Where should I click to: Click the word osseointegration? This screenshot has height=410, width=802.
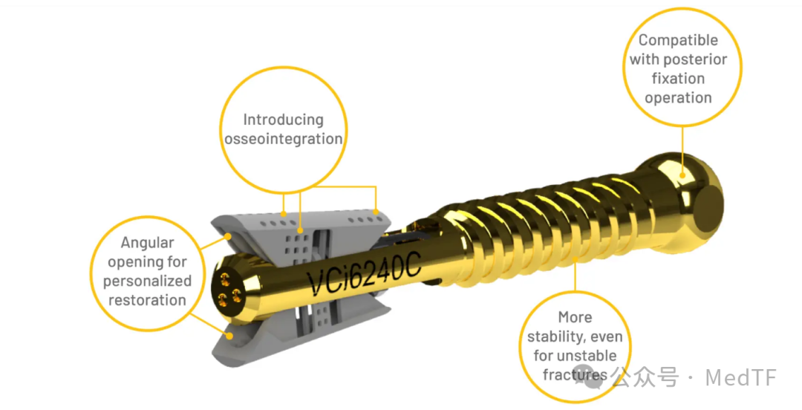pyautogui.click(x=284, y=139)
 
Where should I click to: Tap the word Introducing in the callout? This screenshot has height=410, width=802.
pyautogui.click(x=284, y=120)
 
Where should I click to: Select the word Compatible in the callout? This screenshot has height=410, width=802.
pyautogui.click(x=678, y=40)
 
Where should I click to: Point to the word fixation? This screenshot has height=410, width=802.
pyautogui.click(x=678, y=78)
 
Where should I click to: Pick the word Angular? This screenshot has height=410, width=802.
pyautogui.click(x=147, y=243)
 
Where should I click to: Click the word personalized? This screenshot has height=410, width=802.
pyautogui.click(x=147, y=281)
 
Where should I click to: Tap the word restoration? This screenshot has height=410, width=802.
pyautogui.click(x=147, y=300)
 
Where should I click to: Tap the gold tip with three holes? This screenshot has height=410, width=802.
pyautogui.click(x=231, y=289)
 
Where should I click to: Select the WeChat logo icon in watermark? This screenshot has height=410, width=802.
pyautogui.click(x=587, y=377)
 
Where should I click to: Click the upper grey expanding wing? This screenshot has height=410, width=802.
pyautogui.click(x=301, y=233)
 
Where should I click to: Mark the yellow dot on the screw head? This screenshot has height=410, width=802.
pyautogui.click(x=682, y=175)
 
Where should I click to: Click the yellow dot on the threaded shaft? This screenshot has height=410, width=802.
pyautogui.click(x=575, y=259)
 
